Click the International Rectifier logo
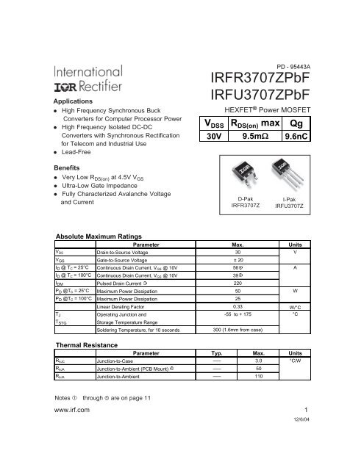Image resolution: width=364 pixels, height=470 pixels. pyautogui.click(x=97, y=78)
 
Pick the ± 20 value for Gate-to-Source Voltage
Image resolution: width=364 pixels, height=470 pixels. pyautogui.click(x=238, y=260)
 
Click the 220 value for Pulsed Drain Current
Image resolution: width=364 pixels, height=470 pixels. pyautogui.click(x=238, y=282)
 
